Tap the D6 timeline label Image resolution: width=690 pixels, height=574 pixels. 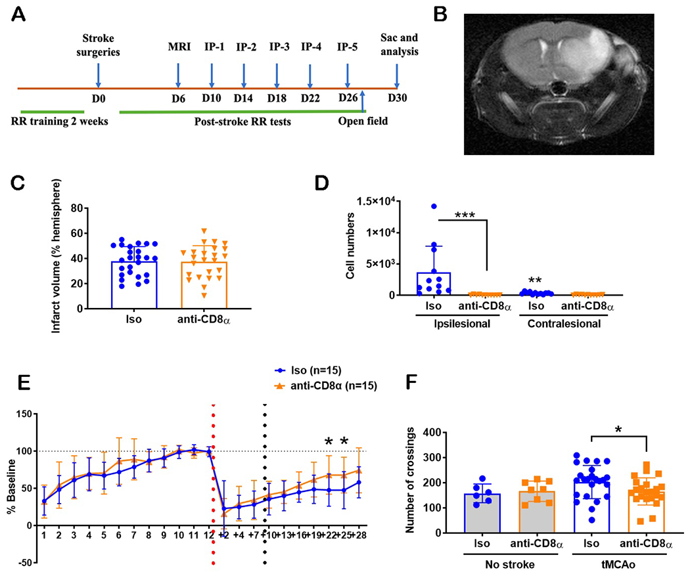pos(178,99)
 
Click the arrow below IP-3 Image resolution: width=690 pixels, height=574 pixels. pos(277,74)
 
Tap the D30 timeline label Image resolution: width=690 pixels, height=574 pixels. pos(397,99)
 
